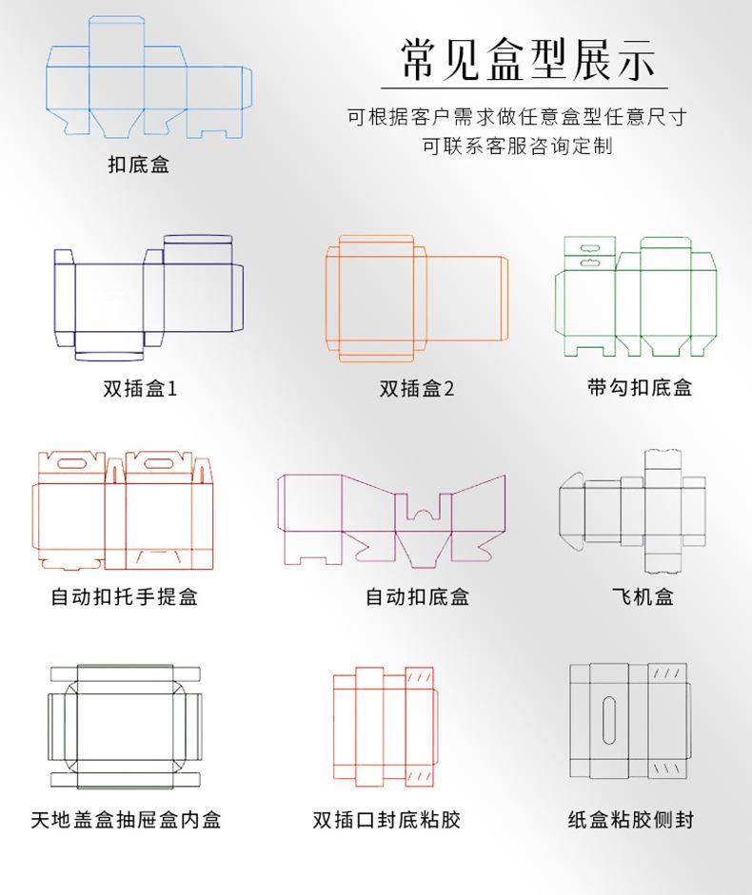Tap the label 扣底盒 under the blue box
tap(138, 165)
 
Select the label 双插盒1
tap(140, 388)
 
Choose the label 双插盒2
tap(417, 388)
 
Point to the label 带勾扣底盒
tap(639, 387)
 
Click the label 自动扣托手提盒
tap(125, 596)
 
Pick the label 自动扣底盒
tap(417, 596)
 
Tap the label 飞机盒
tap(643, 596)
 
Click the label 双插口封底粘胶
tap(386, 819)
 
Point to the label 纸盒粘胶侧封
tap(630, 819)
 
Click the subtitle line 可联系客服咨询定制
tap(517, 146)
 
